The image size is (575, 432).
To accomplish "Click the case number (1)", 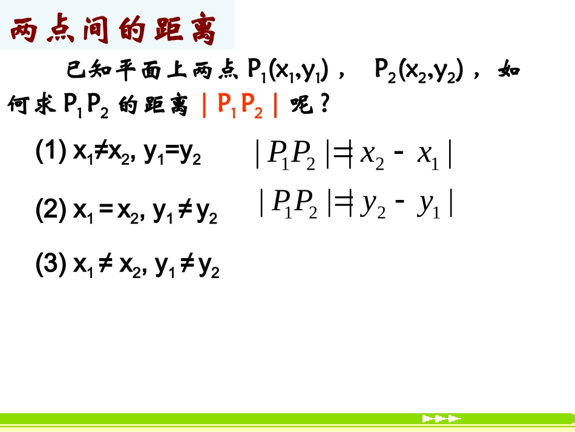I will tap(51, 151).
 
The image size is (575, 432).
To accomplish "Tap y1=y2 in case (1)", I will tap(172, 154).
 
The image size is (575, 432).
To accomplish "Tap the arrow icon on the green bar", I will tap(441, 418).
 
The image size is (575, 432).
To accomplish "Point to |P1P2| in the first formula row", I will tap(293, 156).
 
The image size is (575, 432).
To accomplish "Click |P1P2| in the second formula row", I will tap(295, 204).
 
